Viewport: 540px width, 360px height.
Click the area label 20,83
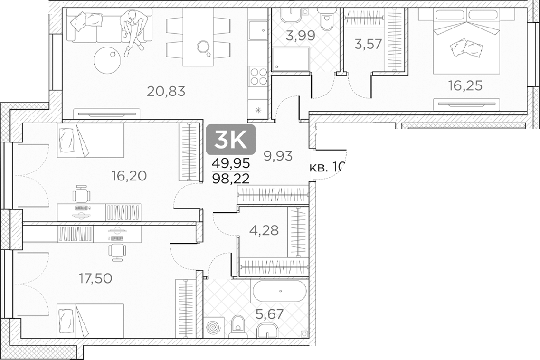click(165, 91)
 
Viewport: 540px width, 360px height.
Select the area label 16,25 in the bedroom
click(465, 85)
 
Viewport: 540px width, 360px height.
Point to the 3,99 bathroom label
click(299, 36)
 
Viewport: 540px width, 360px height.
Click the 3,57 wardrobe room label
click(368, 45)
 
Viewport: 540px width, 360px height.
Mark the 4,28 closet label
click(264, 230)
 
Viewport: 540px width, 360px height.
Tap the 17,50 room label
click(95, 278)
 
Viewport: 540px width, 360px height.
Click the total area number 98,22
click(231, 178)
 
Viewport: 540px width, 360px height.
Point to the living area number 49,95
click(231, 165)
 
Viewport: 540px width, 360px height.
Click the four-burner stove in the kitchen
click(258, 77)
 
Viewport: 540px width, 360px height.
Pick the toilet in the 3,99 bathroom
click(327, 21)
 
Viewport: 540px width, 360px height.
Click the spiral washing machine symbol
click(213, 329)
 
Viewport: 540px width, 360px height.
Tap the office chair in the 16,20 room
click(82, 194)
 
